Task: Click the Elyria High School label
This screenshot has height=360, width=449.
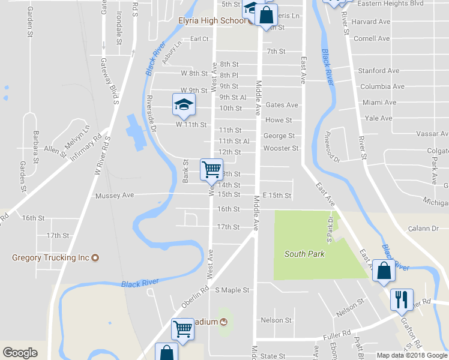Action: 212,20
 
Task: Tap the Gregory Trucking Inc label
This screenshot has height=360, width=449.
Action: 50,258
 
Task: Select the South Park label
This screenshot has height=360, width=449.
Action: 304,254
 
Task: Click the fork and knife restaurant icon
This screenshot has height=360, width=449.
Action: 400,299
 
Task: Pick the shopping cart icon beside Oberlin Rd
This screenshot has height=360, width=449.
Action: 182,328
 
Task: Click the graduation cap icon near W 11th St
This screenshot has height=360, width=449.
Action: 184,104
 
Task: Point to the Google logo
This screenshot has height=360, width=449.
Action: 20,353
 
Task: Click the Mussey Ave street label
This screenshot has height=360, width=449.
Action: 114,196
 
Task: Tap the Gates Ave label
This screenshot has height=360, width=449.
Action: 282,105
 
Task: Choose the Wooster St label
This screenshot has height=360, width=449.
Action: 281,148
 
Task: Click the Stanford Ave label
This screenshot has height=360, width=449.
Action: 379,71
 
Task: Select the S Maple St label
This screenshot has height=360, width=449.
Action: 232,290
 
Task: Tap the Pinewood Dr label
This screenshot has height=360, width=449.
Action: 332,147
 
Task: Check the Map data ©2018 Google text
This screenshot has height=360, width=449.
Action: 412,355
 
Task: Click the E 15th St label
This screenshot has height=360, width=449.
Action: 277,196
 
